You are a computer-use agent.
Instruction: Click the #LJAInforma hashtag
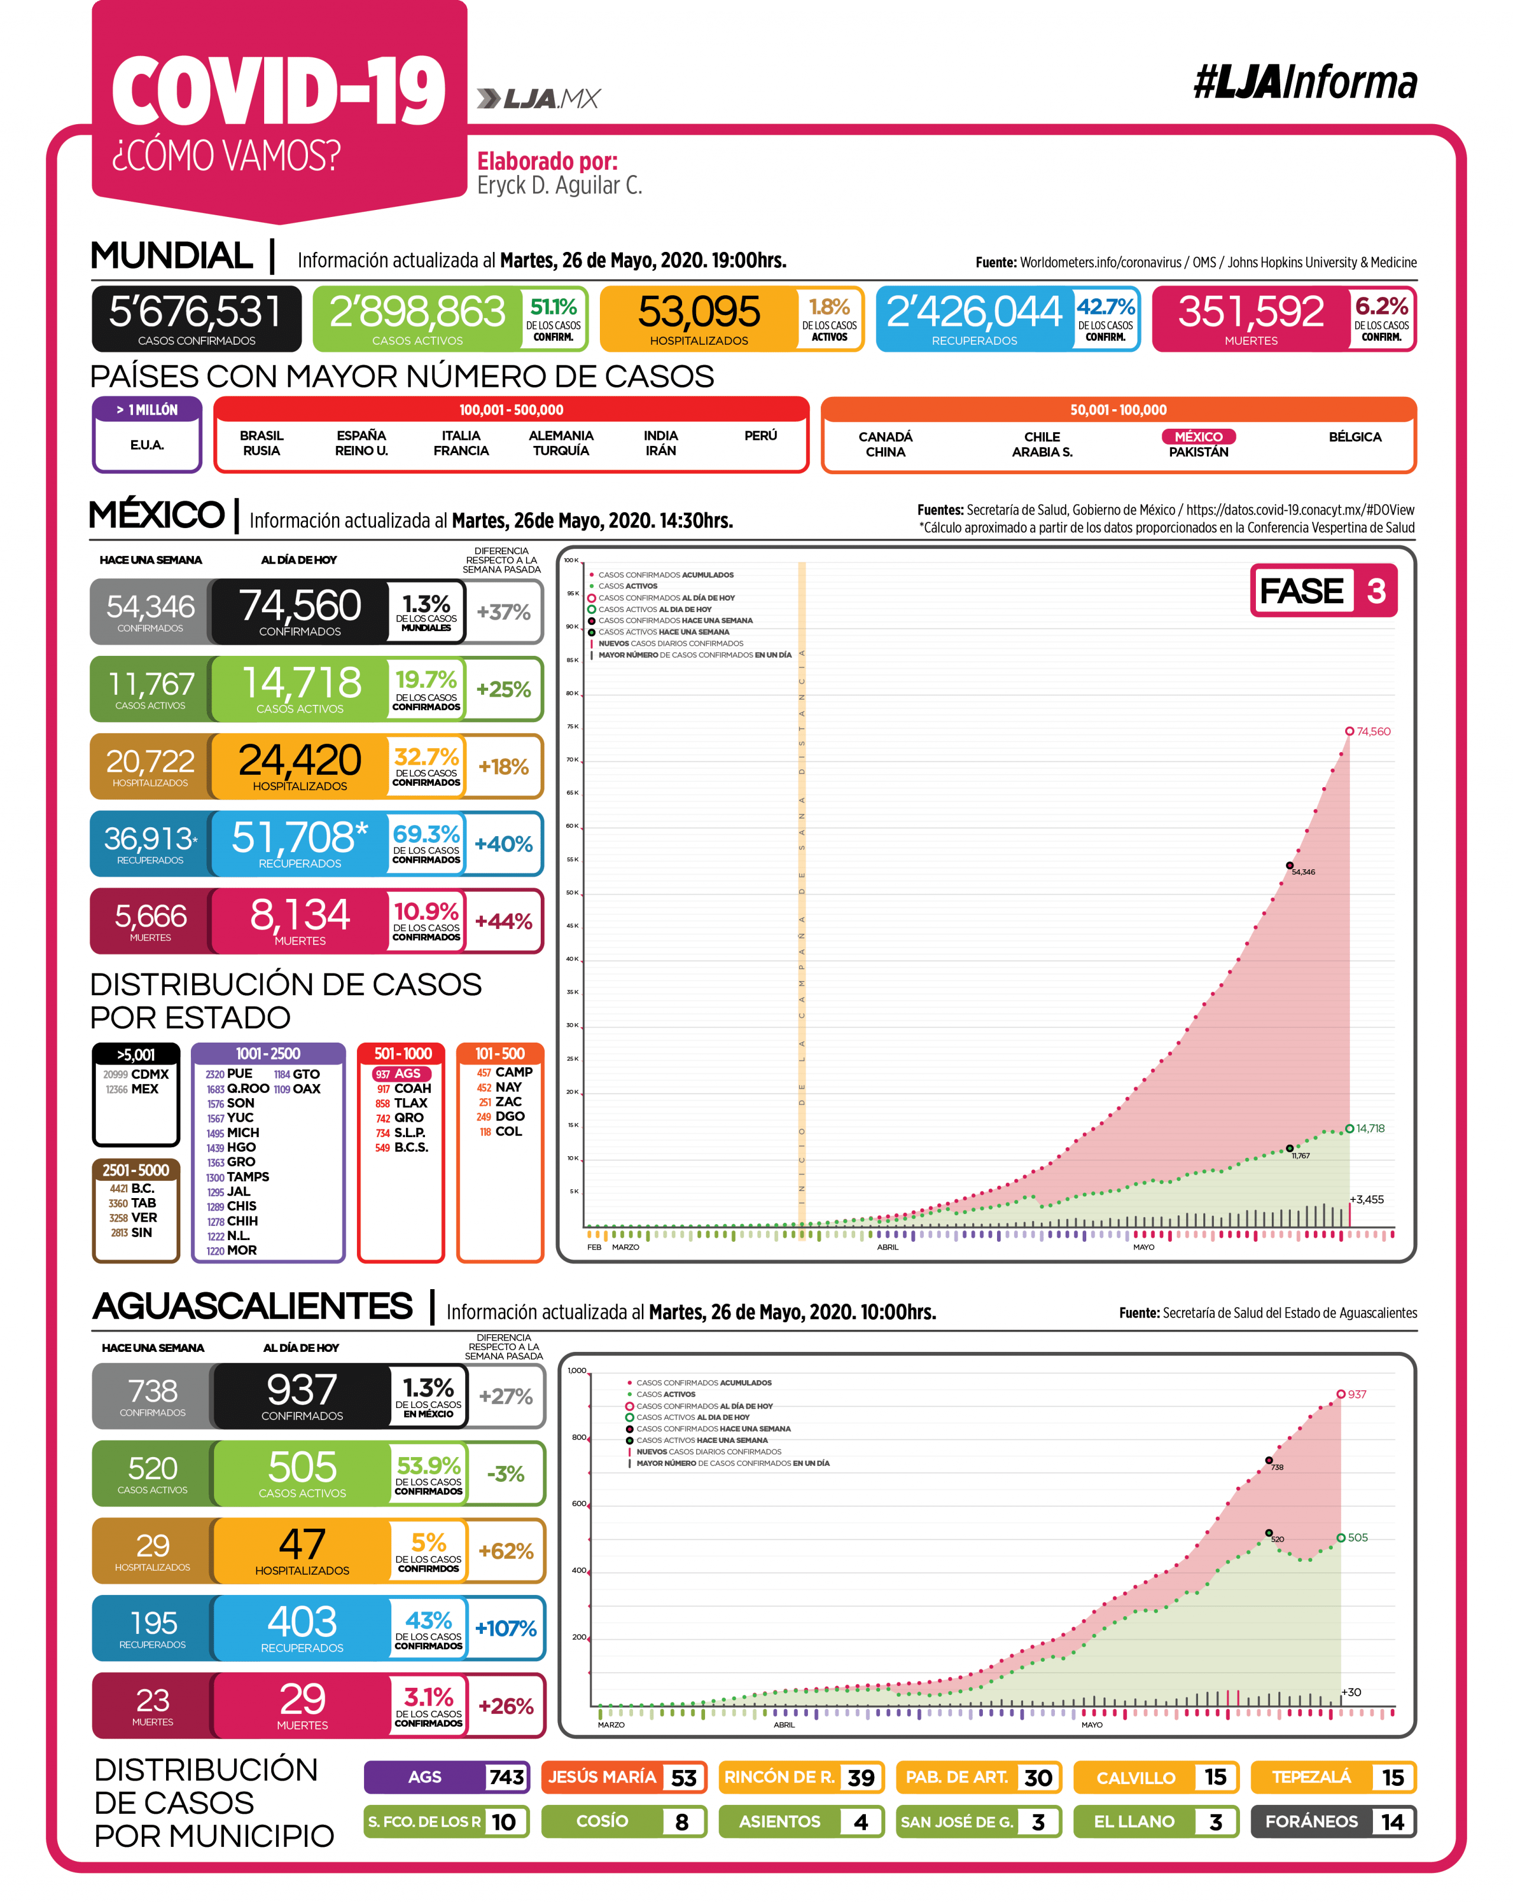point(1305,83)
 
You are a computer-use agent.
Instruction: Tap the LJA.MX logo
point(538,98)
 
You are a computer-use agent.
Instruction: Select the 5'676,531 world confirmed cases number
point(195,312)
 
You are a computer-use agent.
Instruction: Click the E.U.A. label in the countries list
point(147,445)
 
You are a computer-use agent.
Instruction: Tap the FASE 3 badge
point(1323,591)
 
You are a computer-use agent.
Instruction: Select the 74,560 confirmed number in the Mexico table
point(300,606)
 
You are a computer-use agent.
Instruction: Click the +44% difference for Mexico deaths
point(504,921)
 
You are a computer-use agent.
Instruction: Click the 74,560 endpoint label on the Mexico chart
point(1373,732)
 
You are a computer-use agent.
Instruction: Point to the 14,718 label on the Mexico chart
point(1370,1128)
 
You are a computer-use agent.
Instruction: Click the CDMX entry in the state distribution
point(149,1074)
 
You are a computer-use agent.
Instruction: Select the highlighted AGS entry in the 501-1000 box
point(403,1074)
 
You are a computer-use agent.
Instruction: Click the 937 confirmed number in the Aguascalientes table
point(302,1390)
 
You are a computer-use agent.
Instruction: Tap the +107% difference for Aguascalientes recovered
point(505,1629)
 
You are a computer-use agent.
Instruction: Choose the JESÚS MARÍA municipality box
point(624,1777)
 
